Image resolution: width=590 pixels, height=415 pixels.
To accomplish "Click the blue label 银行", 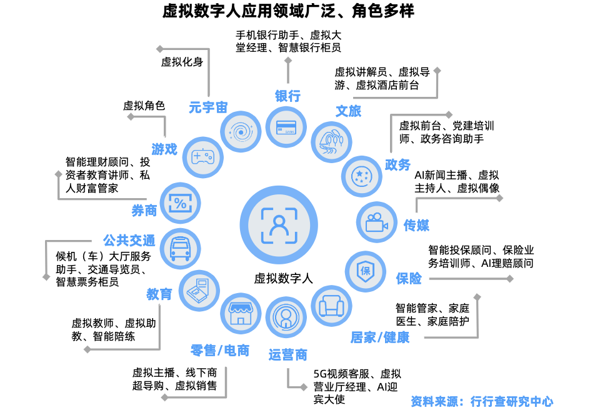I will click(x=287, y=96).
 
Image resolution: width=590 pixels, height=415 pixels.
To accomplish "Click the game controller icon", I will click(x=202, y=156).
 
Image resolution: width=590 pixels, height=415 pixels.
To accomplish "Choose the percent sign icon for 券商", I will click(x=181, y=202).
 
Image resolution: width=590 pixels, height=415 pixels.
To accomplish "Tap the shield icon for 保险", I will click(x=366, y=271).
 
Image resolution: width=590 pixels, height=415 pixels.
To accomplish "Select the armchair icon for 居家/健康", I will click(x=331, y=306).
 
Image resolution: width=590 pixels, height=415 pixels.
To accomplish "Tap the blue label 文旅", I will click(x=349, y=111).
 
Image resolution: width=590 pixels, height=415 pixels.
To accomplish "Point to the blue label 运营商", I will click(x=288, y=355).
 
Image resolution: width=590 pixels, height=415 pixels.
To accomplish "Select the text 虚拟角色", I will click(x=144, y=106).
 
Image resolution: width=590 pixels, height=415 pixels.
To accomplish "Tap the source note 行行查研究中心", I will click(x=512, y=401).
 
